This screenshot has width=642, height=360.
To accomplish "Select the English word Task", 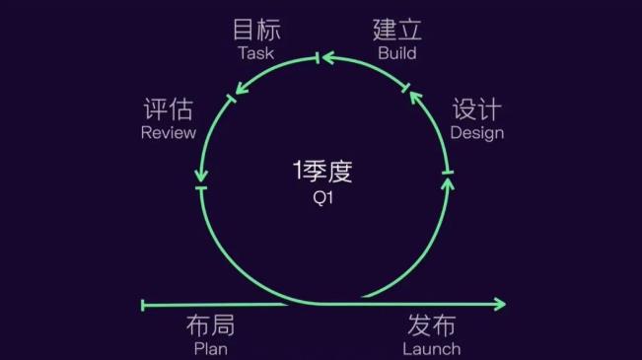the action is [255, 53].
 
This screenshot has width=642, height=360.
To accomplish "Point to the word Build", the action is [396, 53].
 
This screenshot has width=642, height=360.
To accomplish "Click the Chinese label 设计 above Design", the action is [477, 110].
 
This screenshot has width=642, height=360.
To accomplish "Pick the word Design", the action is [477, 133].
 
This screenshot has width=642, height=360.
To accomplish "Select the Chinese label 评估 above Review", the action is [169, 110].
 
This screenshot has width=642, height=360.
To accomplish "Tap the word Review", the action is [169, 133].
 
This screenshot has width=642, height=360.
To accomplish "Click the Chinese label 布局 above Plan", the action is [210, 326].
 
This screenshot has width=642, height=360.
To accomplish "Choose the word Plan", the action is [210, 348].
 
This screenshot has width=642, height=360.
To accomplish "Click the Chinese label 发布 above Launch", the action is [432, 326].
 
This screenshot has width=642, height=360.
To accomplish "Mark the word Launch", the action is [432, 348].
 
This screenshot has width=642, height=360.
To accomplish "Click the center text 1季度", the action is [321, 172].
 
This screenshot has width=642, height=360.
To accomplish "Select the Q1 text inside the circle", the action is [321, 196].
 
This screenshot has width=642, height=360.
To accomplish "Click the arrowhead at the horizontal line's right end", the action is [500, 305].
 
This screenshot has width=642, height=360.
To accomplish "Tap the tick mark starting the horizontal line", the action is [144, 305].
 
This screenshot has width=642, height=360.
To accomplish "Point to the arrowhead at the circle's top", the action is [327, 59].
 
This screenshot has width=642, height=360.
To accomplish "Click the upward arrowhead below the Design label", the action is [447, 182].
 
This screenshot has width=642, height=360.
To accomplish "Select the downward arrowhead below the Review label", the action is [201, 180].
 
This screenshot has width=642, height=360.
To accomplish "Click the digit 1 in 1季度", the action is [297, 172].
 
